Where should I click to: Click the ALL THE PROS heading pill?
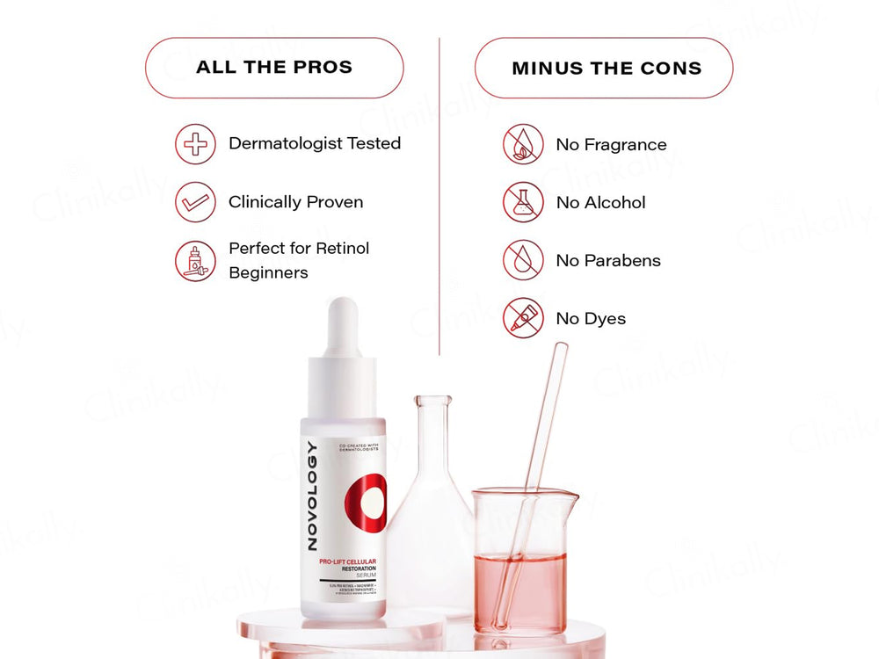[x=274, y=68]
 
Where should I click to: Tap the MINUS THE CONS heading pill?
[x=604, y=68]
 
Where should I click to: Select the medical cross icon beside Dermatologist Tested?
[x=195, y=144]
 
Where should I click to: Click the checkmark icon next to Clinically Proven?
[x=195, y=202]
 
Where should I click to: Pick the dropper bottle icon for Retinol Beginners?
[x=195, y=261]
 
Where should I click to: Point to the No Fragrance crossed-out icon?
[x=523, y=144]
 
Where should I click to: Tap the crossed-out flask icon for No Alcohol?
[x=523, y=202]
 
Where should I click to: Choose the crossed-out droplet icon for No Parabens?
[x=523, y=260]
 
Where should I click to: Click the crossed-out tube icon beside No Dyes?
[x=523, y=318]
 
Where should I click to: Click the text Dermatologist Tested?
[x=315, y=143]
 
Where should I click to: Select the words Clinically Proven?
[x=295, y=202]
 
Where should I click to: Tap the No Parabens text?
[x=608, y=261]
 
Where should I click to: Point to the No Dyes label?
[x=591, y=319]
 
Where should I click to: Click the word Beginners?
[x=268, y=273]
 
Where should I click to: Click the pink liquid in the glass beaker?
[x=519, y=589]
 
